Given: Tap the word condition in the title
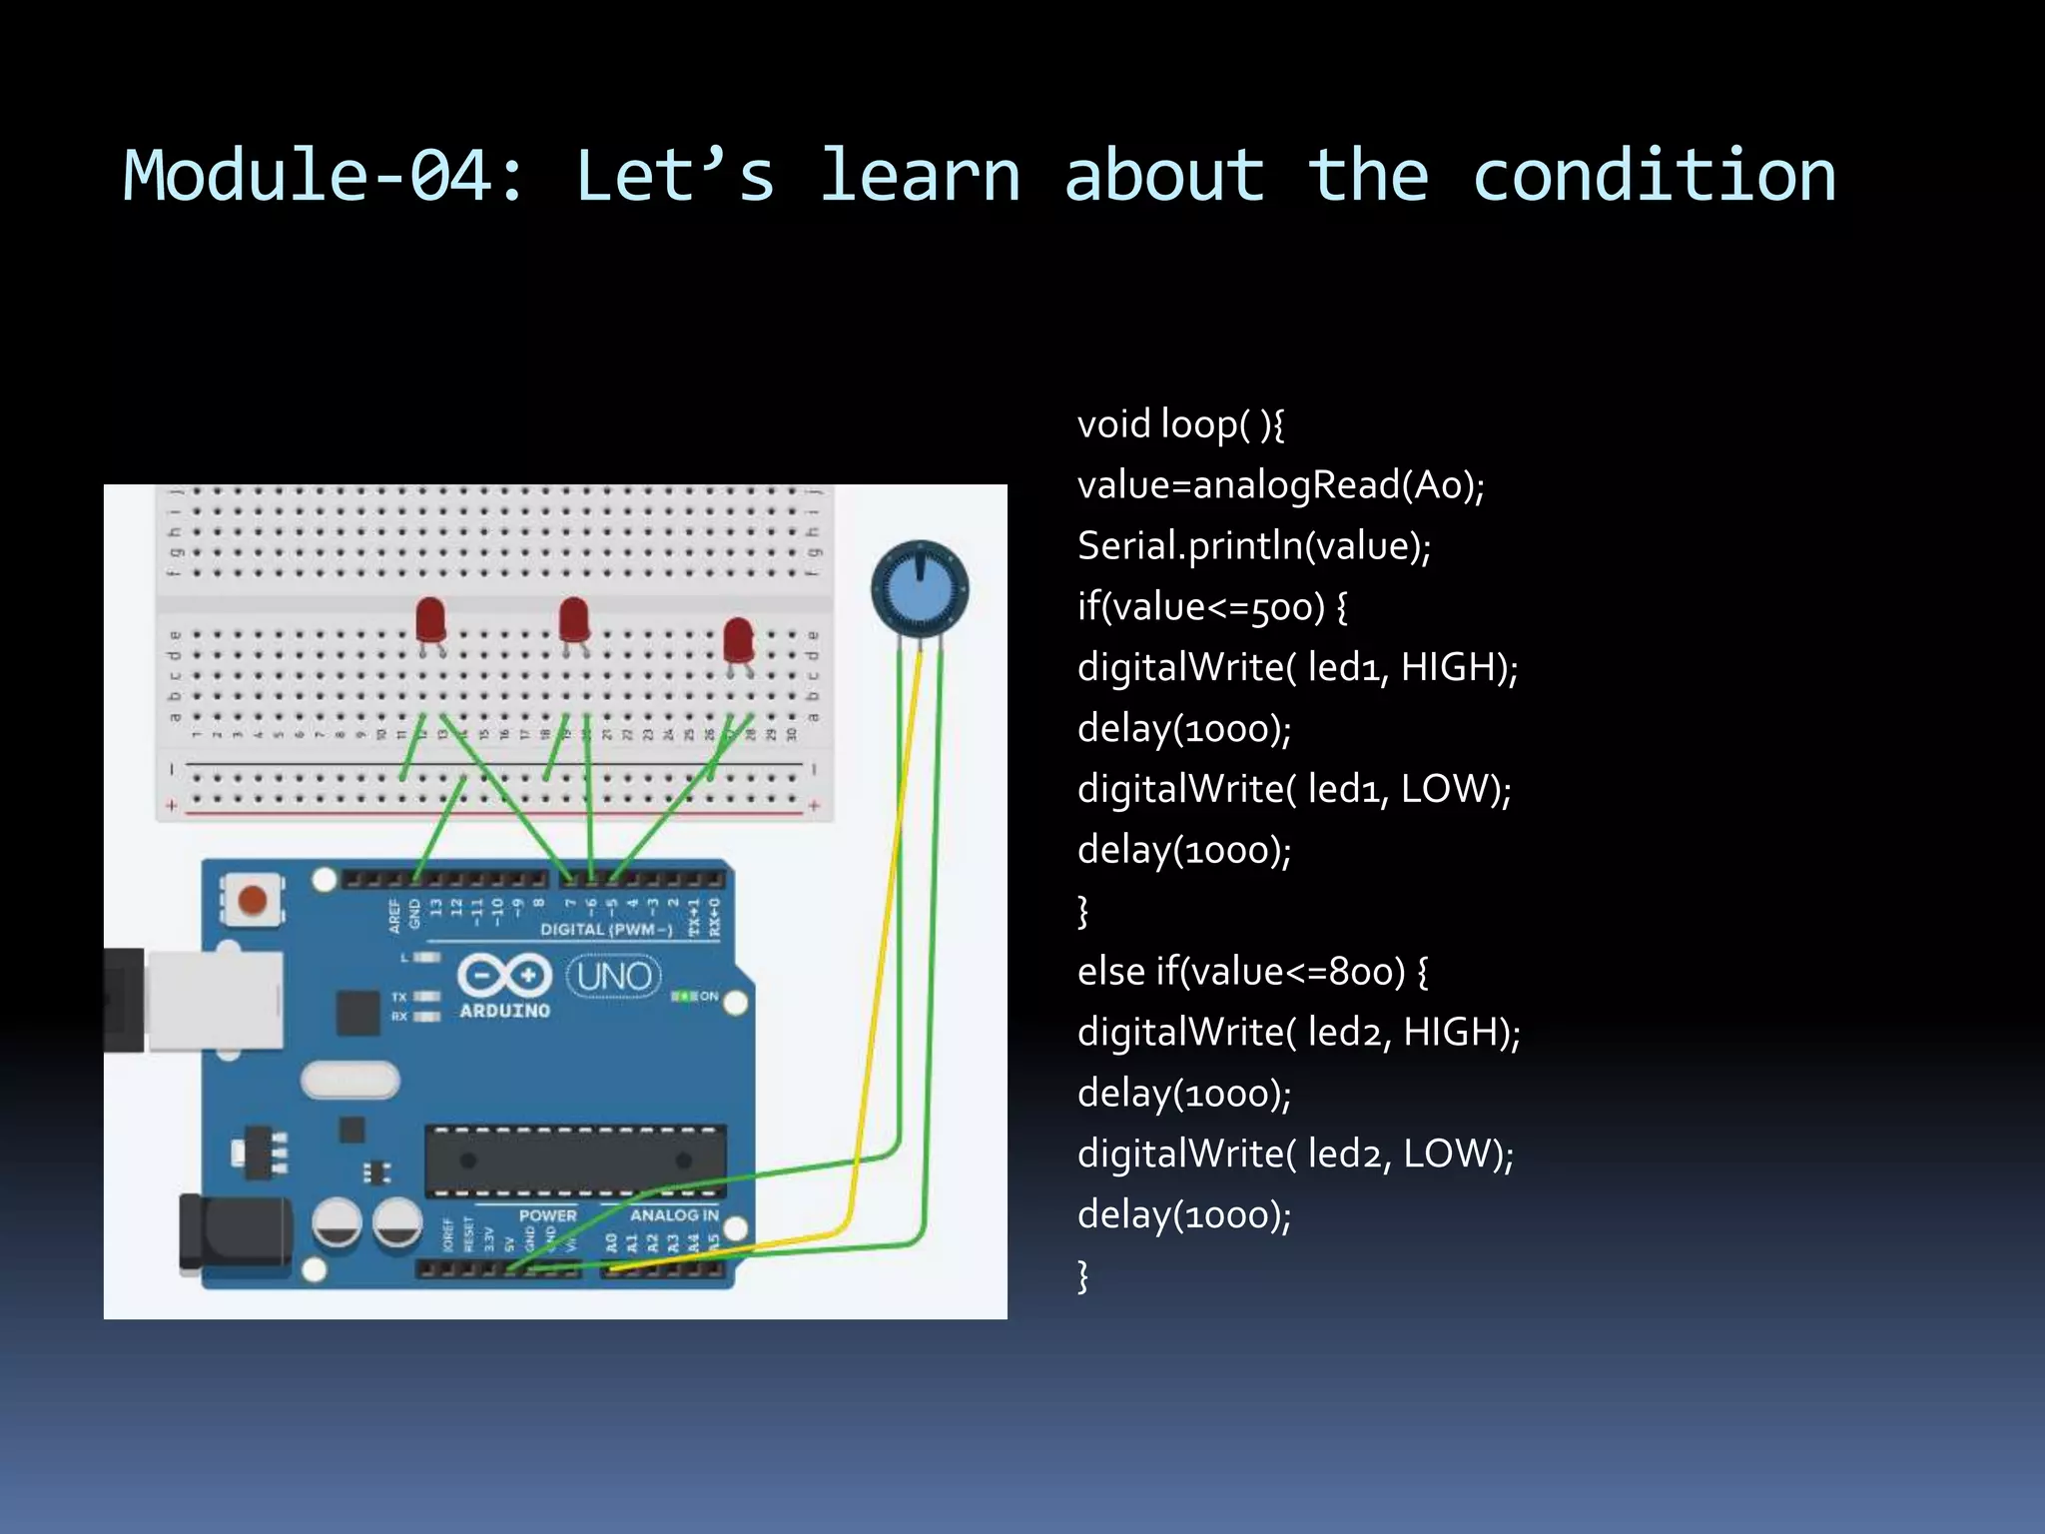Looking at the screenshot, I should pyautogui.click(x=1654, y=176).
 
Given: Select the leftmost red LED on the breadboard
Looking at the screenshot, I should pyautogui.click(x=430, y=621).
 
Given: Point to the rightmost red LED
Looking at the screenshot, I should pyautogui.click(x=738, y=641).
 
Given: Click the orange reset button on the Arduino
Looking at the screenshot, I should pyautogui.click(x=253, y=899).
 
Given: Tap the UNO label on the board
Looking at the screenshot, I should pyautogui.click(x=614, y=976).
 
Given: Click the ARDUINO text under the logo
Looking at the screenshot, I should pyautogui.click(x=504, y=1011).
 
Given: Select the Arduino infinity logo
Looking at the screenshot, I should pyautogui.click(x=504, y=975).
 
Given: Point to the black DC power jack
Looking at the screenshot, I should pyautogui.click(x=235, y=1234).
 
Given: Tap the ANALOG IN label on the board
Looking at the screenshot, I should pyautogui.click(x=674, y=1215).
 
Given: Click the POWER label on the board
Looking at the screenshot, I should pyautogui.click(x=547, y=1215).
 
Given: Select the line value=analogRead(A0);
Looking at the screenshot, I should pyautogui.click(x=1280, y=485).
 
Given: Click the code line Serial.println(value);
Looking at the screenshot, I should pyautogui.click(x=1254, y=546).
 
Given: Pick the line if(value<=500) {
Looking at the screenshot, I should pyautogui.click(x=1212, y=607).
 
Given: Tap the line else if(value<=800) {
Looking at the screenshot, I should pyautogui.click(x=1252, y=972).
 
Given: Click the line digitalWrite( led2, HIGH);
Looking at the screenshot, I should pyautogui.click(x=1298, y=1033).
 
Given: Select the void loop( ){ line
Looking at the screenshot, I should pyautogui.click(x=1180, y=424).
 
